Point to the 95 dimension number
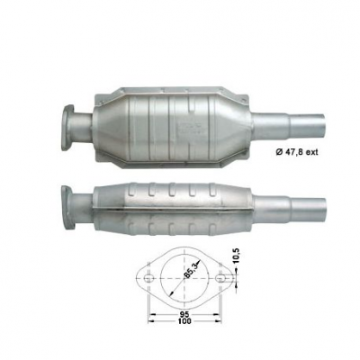[x=184, y=314]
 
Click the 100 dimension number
[x=184, y=321]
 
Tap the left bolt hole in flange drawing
[x=148, y=279]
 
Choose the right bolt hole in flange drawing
[x=220, y=279]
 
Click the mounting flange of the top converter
[x=67, y=127]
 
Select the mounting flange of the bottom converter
[x=67, y=208]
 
